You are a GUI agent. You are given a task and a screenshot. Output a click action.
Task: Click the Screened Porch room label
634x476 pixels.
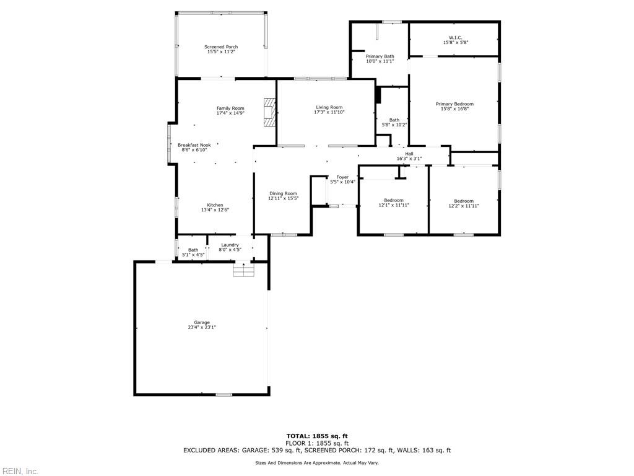(221, 47)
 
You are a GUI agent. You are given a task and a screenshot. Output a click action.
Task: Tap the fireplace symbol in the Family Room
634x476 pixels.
(269, 112)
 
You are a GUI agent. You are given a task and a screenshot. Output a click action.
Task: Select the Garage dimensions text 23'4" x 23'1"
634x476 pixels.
(202, 327)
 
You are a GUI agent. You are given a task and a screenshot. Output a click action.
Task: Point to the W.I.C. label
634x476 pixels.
(455, 38)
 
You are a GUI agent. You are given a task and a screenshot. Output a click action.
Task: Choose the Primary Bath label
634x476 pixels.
(380, 56)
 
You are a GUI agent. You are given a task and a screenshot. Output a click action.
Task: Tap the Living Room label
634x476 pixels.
(329, 107)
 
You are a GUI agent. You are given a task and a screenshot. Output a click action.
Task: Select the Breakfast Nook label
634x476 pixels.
(194, 145)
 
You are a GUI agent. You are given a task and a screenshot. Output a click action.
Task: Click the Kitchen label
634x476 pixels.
(215, 205)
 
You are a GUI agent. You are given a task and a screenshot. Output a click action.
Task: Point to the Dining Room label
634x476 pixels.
(283, 193)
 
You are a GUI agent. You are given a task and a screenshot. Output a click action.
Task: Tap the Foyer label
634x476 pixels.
(342, 177)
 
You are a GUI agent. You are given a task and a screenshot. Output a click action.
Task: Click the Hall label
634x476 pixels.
(409, 154)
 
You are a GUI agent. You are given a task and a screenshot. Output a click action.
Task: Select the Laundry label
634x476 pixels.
(230, 245)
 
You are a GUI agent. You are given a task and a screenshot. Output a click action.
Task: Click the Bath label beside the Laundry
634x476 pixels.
(193, 250)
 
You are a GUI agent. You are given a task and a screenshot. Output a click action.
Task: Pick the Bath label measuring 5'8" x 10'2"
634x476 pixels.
(394, 120)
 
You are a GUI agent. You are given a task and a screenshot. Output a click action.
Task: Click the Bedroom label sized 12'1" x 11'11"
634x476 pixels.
(394, 200)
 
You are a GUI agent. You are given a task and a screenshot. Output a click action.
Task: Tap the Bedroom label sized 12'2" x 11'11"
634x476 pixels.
(464, 201)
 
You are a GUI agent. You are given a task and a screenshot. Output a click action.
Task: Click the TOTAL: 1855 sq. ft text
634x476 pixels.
(316, 436)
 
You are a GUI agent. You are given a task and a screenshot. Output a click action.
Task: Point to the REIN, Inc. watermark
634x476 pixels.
(20, 471)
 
